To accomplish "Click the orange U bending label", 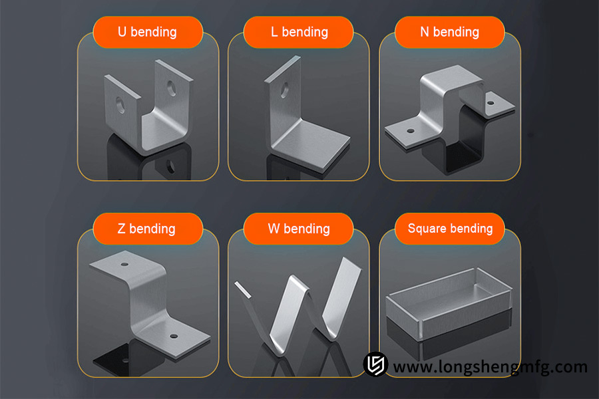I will click(x=147, y=32).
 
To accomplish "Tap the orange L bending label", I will click(x=299, y=32).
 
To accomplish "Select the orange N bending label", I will click(x=450, y=32).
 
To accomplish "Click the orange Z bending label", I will click(x=147, y=229).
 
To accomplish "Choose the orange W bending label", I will click(x=299, y=229).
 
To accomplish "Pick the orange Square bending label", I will click(x=450, y=229).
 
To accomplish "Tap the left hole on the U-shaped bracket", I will click(x=120, y=103).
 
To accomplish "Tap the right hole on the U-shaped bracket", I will click(x=172, y=87).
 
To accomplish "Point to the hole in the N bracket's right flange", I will click(x=492, y=102).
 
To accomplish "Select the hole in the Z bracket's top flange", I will click(x=124, y=264).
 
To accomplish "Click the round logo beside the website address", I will click(x=375, y=364).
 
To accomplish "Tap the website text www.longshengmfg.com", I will click(x=490, y=366).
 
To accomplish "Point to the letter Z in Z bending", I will click(x=121, y=229).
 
